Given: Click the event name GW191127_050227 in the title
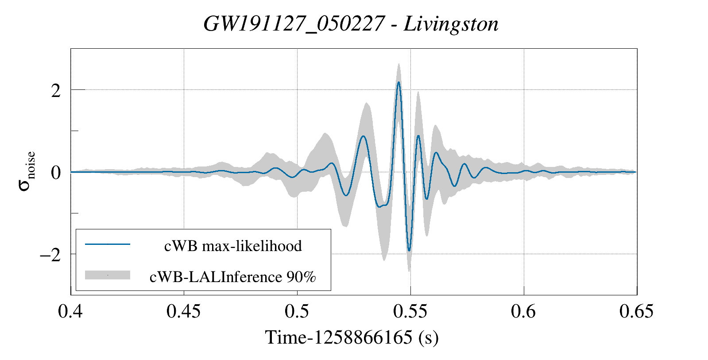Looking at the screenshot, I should [294, 24].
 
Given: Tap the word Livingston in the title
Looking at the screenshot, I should [451, 24].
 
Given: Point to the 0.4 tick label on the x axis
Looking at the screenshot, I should [70, 312].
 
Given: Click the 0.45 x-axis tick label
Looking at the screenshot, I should [183, 312].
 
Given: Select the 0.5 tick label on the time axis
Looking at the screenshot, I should [297, 312].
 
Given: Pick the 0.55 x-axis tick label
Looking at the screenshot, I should [410, 312].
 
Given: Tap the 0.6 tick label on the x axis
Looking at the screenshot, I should [523, 312].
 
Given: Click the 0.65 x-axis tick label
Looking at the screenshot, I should [636, 312].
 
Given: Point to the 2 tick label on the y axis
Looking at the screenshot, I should [55, 91].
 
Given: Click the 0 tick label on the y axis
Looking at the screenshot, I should [55, 173].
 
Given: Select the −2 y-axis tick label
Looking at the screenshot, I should [50, 255].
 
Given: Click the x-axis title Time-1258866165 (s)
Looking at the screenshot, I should [352, 337].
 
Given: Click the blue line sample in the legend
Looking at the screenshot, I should [108, 244].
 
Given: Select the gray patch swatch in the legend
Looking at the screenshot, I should [108, 275].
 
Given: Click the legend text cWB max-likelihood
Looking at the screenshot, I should [233, 246].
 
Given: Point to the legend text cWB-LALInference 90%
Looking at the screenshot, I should [233, 277].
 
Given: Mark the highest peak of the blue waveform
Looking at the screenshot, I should [398, 82].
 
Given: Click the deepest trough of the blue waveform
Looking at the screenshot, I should [409, 251].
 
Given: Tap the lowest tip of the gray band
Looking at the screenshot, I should [409, 271].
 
